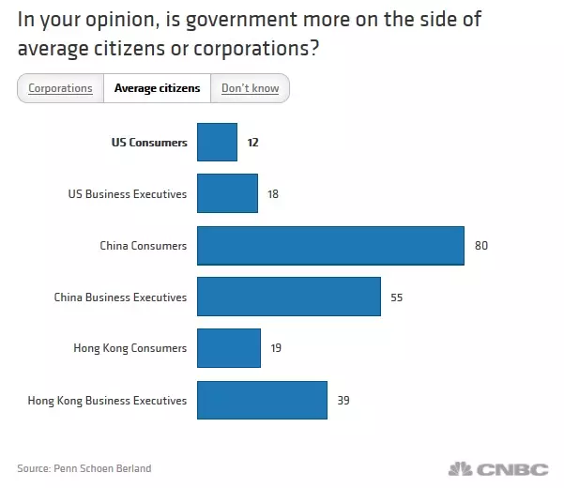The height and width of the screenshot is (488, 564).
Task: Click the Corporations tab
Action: pos(60,89)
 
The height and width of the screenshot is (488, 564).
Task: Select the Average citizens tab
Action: pos(157,89)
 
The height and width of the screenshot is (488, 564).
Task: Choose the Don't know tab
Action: pos(251,89)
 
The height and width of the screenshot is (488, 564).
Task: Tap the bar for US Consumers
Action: pos(217,143)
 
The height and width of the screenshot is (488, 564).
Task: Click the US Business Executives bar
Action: pos(227,194)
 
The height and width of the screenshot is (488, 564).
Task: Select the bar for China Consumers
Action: pos(330,246)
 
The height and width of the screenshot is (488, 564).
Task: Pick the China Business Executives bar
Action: pos(289,297)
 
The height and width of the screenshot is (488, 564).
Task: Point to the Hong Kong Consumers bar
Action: pos(229,348)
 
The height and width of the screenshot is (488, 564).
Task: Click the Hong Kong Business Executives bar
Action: pos(262,400)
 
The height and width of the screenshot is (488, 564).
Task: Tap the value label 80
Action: pos(481,246)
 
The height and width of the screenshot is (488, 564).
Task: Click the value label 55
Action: pos(398,297)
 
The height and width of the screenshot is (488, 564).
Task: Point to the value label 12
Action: pos(252,143)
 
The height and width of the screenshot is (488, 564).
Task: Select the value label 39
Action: pos(343,401)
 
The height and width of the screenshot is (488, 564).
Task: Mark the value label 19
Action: pos(275,349)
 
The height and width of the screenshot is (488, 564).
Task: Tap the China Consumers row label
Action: pos(144,246)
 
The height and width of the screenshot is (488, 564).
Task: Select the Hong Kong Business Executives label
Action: pos(108,401)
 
